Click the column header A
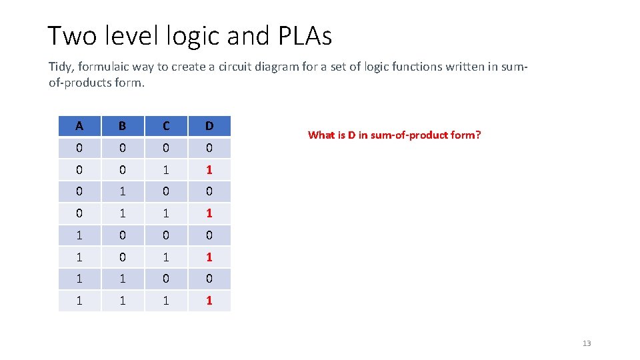[79, 126]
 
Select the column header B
[122, 126]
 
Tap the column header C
[165, 126]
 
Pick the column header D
[209, 126]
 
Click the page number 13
[587, 343]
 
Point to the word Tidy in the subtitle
[59, 67]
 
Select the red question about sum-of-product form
[394, 135]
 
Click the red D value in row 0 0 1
[209, 170]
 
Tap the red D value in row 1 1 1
[209, 301]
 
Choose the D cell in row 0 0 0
[209, 148]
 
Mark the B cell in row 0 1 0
[122, 191]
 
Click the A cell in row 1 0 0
[79, 235]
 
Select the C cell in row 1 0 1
[165, 257]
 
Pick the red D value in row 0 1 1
[209, 213]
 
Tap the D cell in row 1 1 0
[209, 279]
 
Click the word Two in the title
[72, 36]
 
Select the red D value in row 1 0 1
[209, 257]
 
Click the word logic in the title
[194, 36]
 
